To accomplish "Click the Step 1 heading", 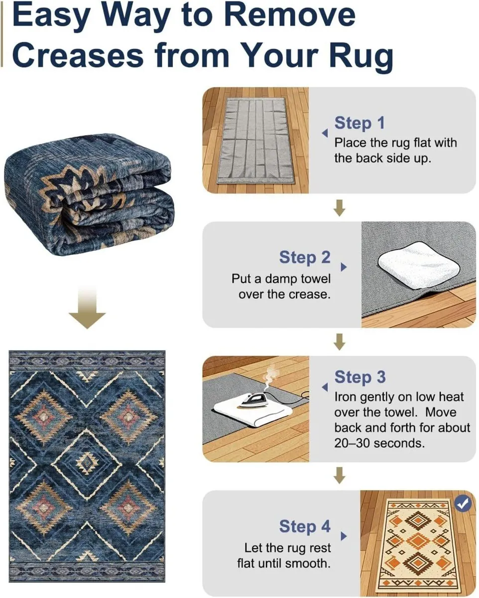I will pyautogui.click(x=359, y=123).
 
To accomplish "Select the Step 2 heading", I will pyautogui.click(x=305, y=258).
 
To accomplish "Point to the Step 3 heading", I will pyautogui.click(x=359, y=377).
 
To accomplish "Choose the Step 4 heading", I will pyautogui.click(x=305, y=526).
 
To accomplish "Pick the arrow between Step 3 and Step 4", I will pyautogui.click(x=339, y=475).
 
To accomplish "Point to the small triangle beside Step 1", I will pyautogui.click(x=325, y=134).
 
